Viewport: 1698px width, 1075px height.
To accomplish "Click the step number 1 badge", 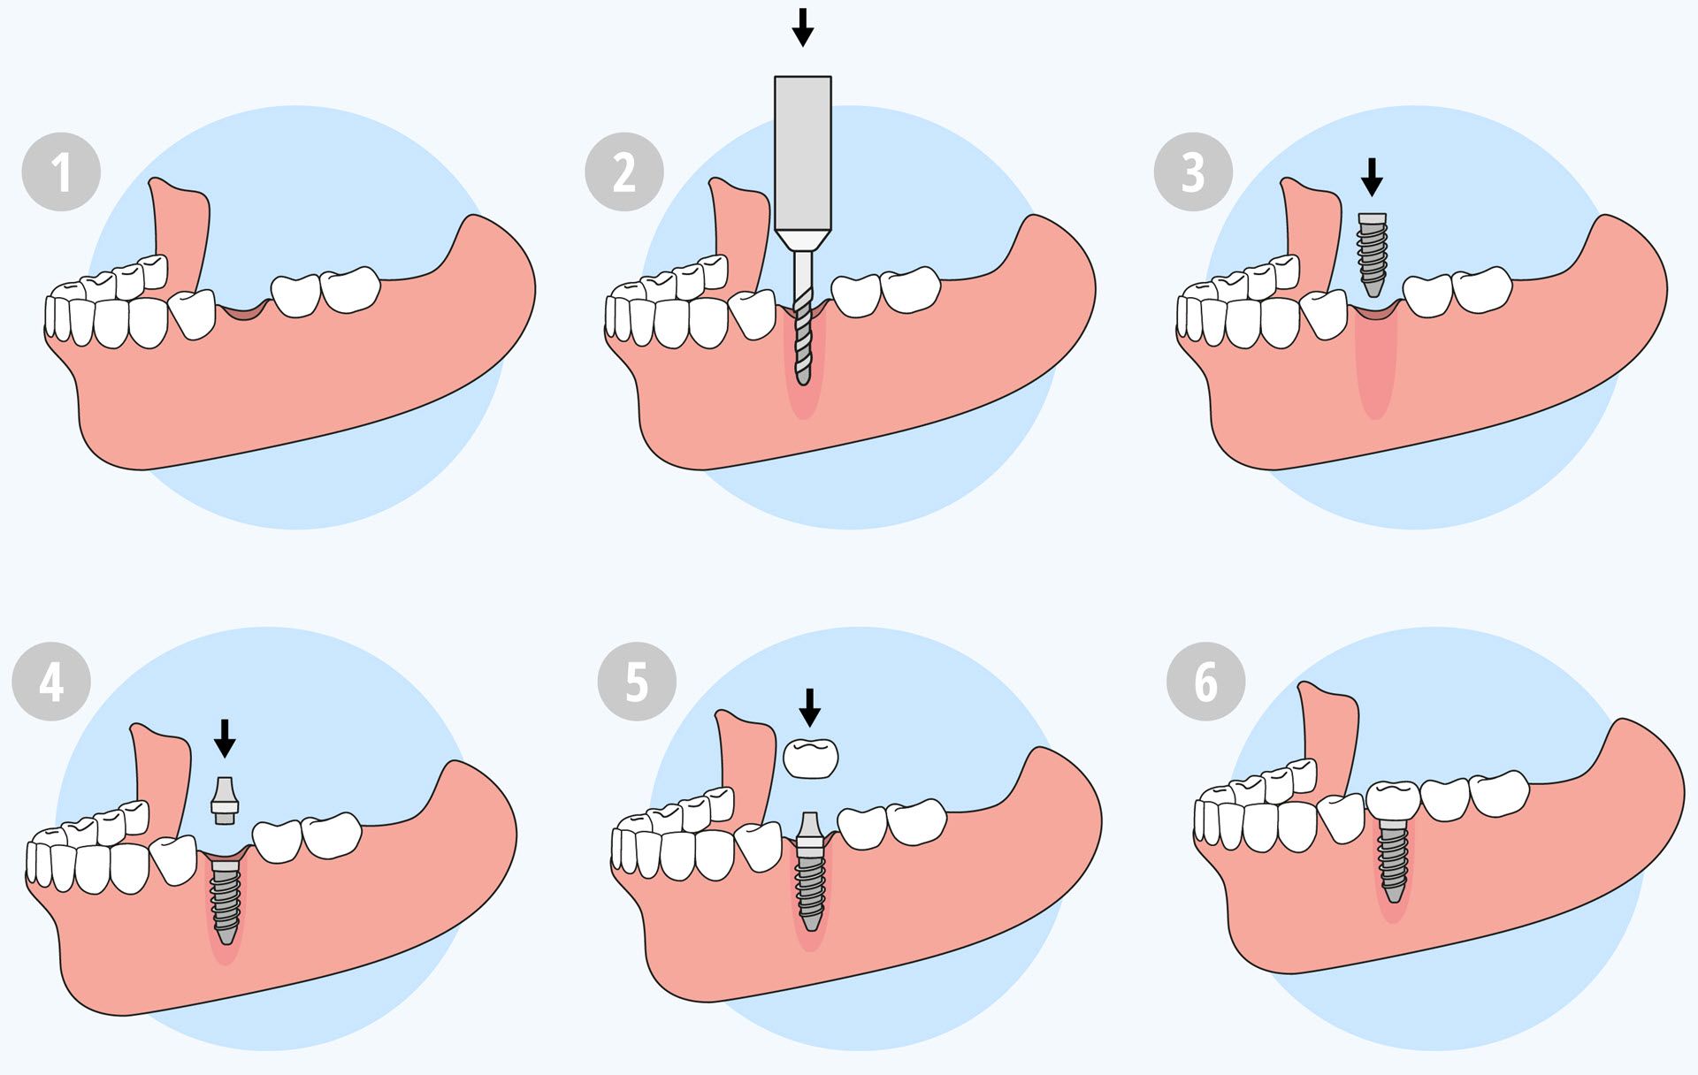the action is tap(61, 172).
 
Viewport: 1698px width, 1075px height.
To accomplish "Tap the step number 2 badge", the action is tap(624, 172).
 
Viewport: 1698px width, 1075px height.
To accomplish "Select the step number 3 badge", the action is tap(1193, 172).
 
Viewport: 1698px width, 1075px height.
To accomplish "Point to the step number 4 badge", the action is tap(51, 682).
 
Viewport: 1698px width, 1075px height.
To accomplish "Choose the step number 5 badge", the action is tap(637, 682).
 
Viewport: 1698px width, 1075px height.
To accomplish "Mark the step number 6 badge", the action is tap(1205, 682).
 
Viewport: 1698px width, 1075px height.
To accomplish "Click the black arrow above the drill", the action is tap(802, 27).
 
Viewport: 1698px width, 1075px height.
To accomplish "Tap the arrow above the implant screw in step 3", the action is tap(1372, 177).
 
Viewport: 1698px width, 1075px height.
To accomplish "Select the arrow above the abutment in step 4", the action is tap(226, 738).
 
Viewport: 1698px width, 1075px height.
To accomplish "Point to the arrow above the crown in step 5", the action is tap(809, 708).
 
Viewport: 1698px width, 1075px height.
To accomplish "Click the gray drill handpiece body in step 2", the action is tap(803, 164).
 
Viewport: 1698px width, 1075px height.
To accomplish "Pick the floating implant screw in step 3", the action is tap(1372, 255).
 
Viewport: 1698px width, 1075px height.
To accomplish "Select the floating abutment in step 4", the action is tap(225, 801).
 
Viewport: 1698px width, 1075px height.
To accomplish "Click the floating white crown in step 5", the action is tap(811, 758).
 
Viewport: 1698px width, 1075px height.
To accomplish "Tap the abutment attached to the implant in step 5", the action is tap(809, 835).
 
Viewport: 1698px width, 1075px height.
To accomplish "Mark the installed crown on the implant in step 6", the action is tap(1394, 800).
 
